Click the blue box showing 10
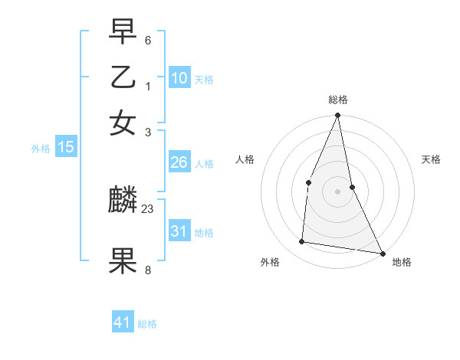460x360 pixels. pyautogui.click(x=179, y=77)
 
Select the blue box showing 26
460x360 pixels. pyautogui.click(x=179, y=162)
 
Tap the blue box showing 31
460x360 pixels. pyautogui.click(x=179, y=231)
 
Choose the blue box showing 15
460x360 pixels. pyautogui.click(x=66, y=147)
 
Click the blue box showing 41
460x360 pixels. pyautogui.click(x=123, y=322)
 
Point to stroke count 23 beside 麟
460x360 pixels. pyautogui.click(x=148, y=208)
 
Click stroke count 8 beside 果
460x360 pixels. pyautogui.click(x=148, y=270)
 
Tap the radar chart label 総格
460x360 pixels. pyautogui.click(x=337, y=100)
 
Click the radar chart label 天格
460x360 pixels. pyautogui.click(x=431, y=159)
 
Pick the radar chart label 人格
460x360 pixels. pyautogui.click(x=245, y=159)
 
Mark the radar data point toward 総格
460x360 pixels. pyautogui.click(x=337, y=116)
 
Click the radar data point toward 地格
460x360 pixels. pyautogui.click(x=382, y=253)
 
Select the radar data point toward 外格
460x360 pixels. pyautogui.click(x=302, y=242)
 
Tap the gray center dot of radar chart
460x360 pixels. pyautogui.click(x=337, y=191)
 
